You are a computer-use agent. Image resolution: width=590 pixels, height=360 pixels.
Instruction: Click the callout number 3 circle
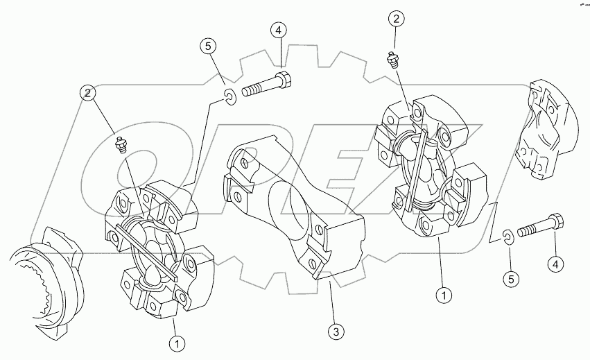[x=335, y=332]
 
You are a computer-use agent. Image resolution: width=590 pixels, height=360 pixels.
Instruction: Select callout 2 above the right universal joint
[x=395, y=19]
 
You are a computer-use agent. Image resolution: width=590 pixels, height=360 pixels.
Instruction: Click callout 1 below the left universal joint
[x=178, y=342]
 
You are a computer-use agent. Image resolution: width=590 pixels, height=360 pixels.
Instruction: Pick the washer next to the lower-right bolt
[x=508, y=237]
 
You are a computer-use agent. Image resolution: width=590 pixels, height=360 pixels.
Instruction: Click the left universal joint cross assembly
[x=156, y=253]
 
